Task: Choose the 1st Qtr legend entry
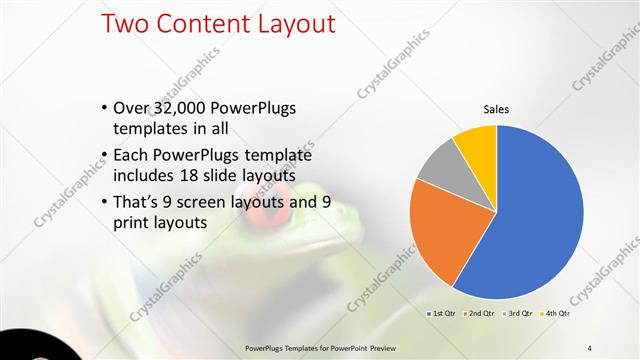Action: point(443,314)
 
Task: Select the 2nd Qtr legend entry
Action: point(480,314)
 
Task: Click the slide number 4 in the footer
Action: point(590,347)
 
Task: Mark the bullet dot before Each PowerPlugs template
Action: point(106,157)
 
